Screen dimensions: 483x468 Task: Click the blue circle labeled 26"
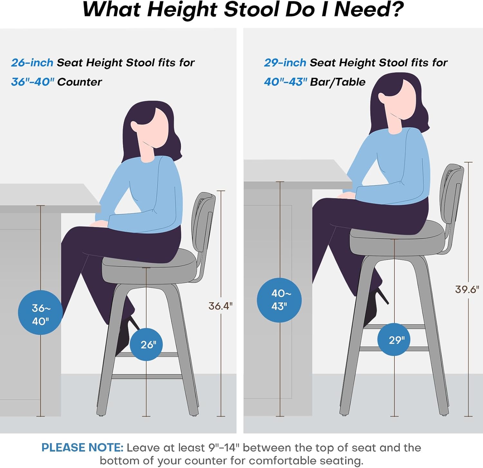click(146, 344)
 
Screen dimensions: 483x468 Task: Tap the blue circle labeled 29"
click(394, 340)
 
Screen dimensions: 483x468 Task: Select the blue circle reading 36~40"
click(40, 313)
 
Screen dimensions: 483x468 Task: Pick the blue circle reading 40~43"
click(279, 300)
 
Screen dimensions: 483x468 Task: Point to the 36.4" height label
click(221, 306)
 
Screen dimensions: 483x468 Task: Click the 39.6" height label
click(467, 289)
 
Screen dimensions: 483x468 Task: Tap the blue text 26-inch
click(32, 62)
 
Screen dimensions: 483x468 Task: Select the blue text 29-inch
click(285, 62)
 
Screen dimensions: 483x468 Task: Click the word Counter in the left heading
click(80, 82)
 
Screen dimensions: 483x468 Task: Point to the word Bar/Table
click(338, 82)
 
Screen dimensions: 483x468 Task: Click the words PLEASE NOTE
click(82, 448)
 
